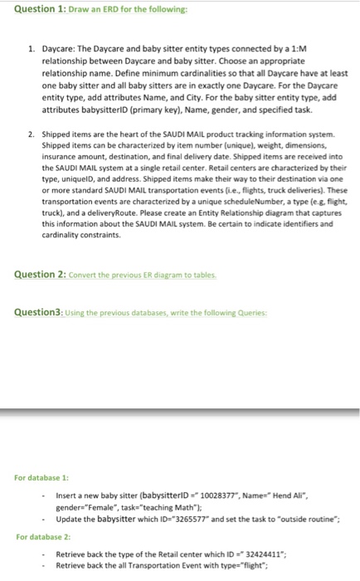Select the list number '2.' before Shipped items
(31, 133)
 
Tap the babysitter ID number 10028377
(227, 494)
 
